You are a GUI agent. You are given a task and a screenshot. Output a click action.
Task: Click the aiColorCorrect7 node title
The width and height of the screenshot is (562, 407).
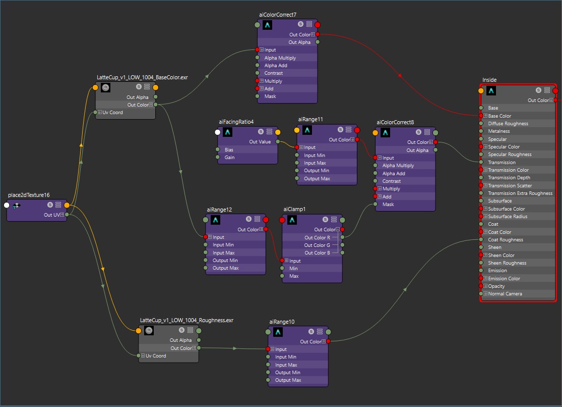274,15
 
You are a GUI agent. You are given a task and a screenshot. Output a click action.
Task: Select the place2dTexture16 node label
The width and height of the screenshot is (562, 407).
29,195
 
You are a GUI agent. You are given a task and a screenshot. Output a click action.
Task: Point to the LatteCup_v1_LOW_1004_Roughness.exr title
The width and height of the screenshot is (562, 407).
186,320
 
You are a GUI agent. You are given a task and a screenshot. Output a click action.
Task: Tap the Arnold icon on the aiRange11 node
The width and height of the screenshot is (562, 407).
306,130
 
